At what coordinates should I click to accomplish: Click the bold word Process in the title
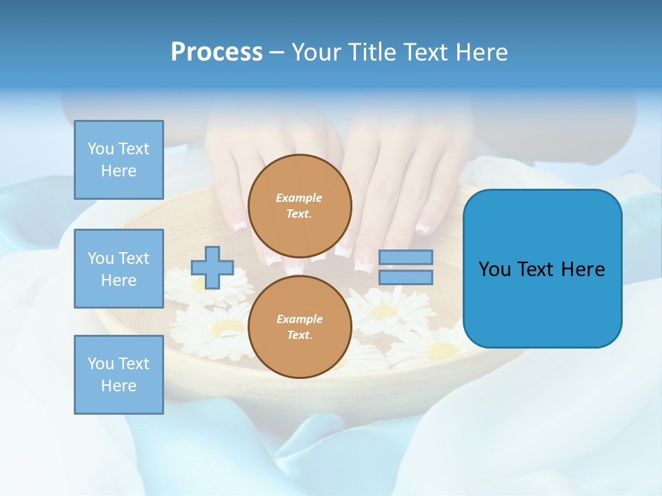click(x=217, y=52)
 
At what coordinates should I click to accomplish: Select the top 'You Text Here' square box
click(x=119, y=160)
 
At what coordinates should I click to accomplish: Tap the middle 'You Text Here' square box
click(x=119, y=269)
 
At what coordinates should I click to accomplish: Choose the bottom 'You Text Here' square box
click(x=119, y=375)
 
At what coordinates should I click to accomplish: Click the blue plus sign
click(x=212, y=267)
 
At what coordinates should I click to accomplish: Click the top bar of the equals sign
click(x=405, y=258)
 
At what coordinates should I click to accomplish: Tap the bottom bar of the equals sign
click(x=405, y=277)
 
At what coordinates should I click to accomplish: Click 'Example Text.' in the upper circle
click(x=299, y=206)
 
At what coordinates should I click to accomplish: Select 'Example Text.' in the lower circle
click(x=299, y=327)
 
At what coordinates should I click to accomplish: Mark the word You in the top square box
click(x=100, y=149)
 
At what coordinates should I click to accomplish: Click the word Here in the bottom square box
click(x=119, y=386)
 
